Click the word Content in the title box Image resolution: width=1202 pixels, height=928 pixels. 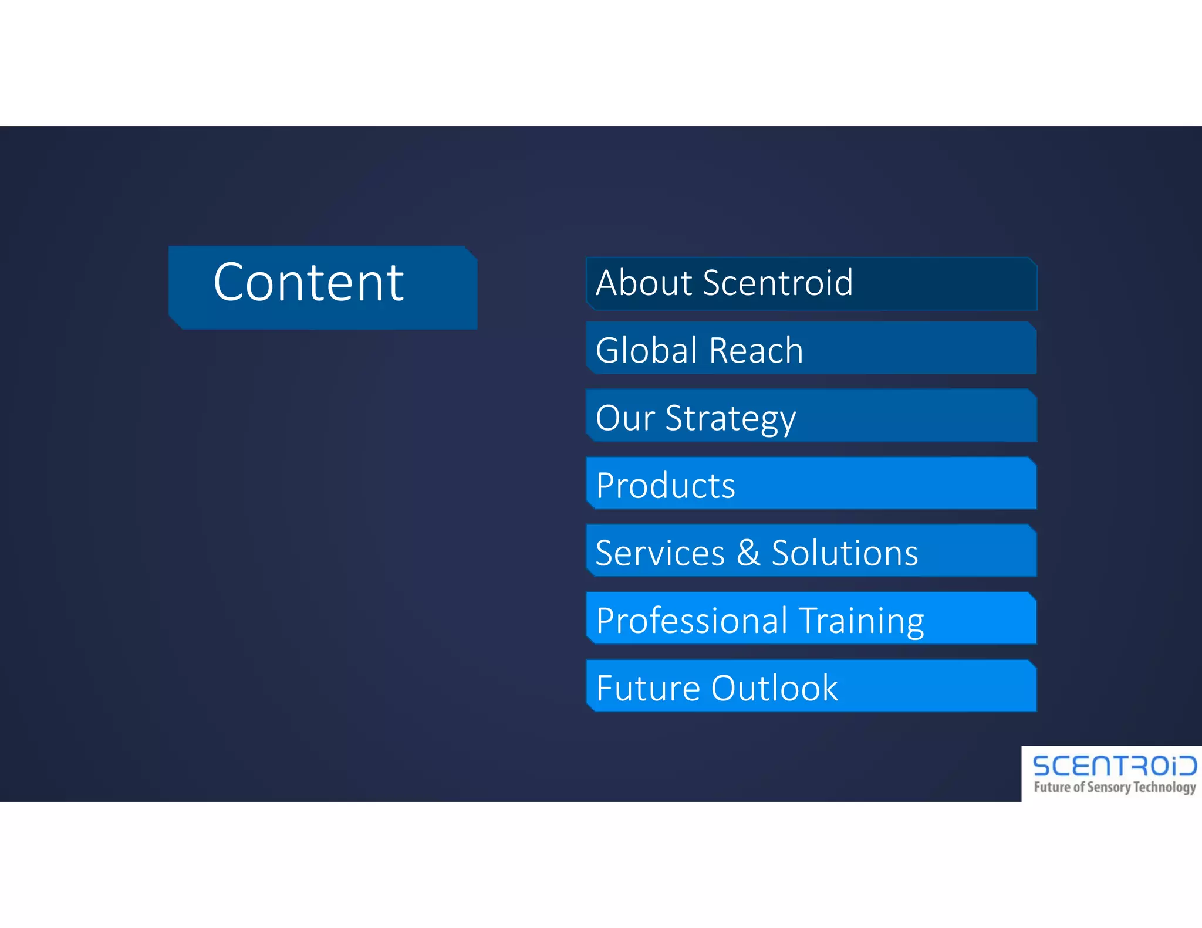pyautogui.click(x=308, y=283)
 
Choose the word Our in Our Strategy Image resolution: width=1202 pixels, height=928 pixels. pyautogui.click(x=624, y=418)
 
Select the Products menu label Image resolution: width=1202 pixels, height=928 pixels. pyautogui.click(x=665, y=486)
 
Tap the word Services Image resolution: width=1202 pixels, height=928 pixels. pyautogui.click(x=660, y=553)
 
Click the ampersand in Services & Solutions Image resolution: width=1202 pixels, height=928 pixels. pyautogui.click(x=748, y=553)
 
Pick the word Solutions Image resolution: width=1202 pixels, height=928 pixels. pyautogui.click(x=845, y=553)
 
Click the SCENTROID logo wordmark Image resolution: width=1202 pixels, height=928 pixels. pyautogui.click(x=1114, y=766)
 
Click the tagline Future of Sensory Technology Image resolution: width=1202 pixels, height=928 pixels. pyautogui.click(x=1114, y=787)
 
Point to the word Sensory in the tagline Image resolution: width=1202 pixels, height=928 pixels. pyautogui.click(x=1109, y=787)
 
